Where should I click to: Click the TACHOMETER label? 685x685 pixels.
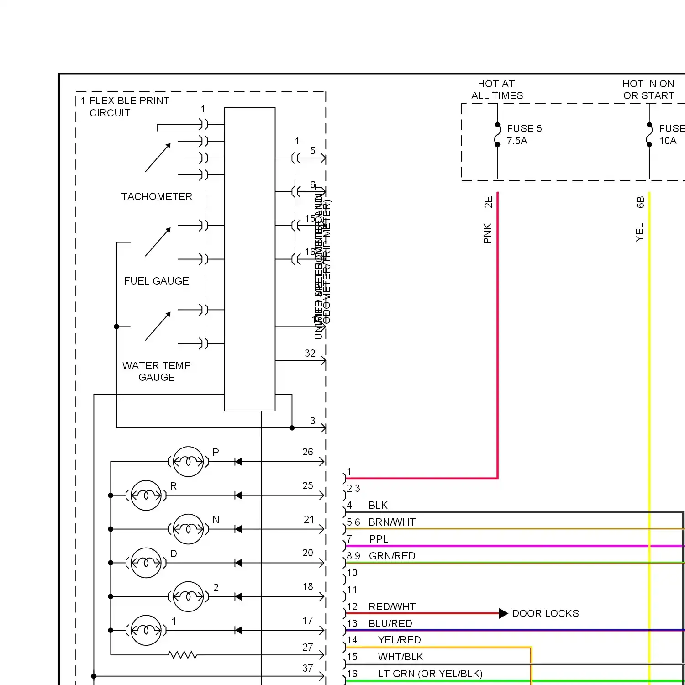pos(157,196)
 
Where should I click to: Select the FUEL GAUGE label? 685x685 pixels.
pos(157,281)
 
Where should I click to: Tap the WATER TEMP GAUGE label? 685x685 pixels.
pos(157,371)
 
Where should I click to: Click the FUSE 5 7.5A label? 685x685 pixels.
pos(524,135)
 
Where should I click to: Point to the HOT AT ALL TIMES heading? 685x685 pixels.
pos(497,90)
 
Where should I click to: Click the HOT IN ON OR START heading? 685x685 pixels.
pos(648,90)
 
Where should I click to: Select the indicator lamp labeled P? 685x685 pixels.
pos(188,462)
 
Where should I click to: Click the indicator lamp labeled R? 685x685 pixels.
pos(146,495)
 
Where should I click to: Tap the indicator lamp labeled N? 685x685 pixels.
pos(188,529)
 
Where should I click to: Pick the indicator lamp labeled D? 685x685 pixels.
pos(146,563)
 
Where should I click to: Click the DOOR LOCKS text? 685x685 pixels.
pos(545,613)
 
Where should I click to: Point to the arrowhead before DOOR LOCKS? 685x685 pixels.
pos(503,613)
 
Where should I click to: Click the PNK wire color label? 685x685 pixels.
pos(487,233)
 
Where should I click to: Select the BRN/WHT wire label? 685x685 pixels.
pos(392,522)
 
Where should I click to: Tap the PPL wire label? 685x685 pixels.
pos(379,539)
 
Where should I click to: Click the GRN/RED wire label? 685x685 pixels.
pos(392,556)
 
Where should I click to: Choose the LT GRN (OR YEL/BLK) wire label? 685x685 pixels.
pos(430,674)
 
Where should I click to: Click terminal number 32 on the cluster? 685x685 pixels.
pos(310,353)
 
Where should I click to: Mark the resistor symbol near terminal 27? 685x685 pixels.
pos(183,655)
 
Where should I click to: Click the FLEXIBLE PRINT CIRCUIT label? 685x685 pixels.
pos(129,106)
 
